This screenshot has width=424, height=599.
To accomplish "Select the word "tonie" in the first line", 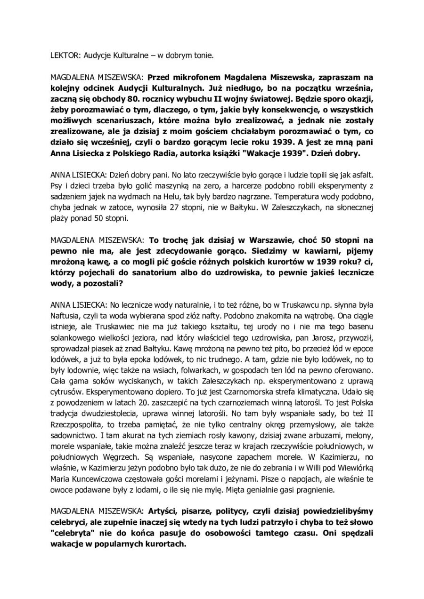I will point(203,56).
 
